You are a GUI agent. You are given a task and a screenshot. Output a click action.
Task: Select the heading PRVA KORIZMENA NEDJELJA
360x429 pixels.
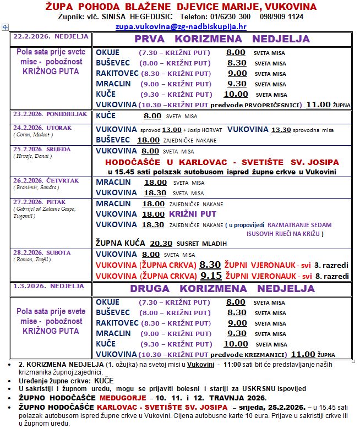[222, 39]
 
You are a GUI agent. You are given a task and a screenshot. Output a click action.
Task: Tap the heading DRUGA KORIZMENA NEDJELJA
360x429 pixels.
[222, 289]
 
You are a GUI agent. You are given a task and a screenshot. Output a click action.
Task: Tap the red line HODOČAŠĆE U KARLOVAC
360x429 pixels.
[222, 162]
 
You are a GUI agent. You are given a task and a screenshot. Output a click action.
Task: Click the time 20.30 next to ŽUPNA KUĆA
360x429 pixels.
[161, 243]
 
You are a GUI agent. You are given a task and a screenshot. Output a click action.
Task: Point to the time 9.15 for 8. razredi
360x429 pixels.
[211, 276]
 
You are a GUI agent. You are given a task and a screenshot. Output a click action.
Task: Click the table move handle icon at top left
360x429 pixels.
[4, 26]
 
